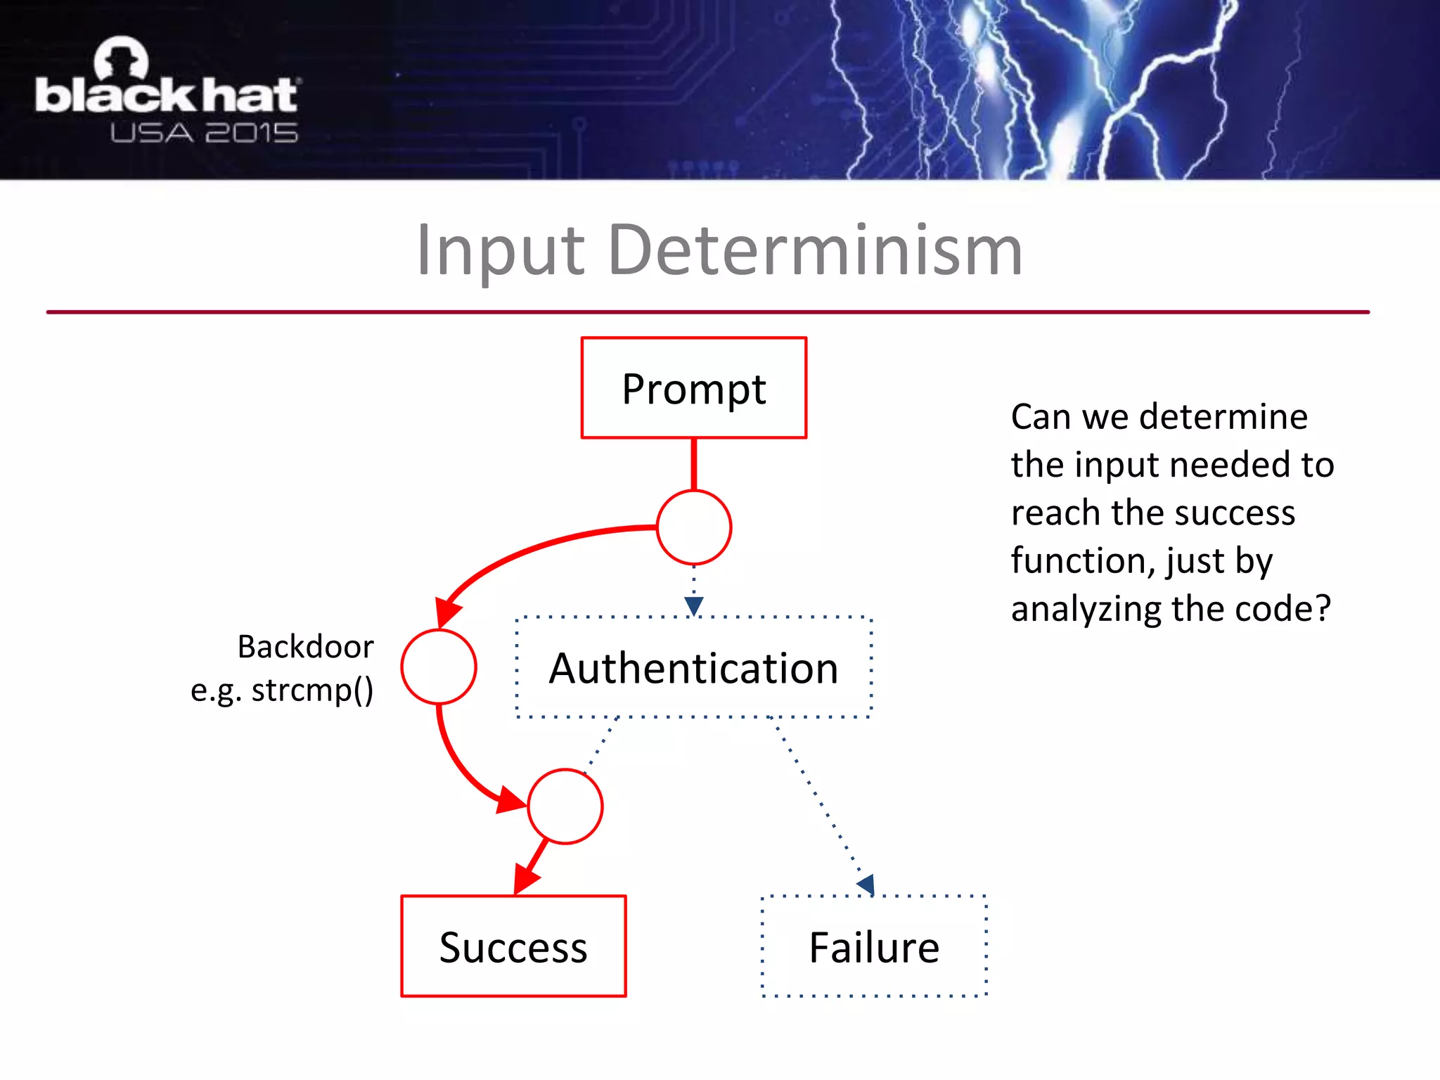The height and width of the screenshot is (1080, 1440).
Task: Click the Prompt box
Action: pos(693,388)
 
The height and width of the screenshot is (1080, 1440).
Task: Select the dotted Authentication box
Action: pos(693,667)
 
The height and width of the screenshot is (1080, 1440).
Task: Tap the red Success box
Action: pos(513,946)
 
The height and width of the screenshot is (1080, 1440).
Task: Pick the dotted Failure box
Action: pos(874,946)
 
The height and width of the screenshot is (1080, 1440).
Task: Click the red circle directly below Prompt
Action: pos(693,527)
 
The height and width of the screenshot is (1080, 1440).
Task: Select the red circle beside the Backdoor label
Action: pos(439,667)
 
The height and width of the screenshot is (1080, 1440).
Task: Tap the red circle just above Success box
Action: pos(565,806)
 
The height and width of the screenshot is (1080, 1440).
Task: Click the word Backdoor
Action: pos(305,646)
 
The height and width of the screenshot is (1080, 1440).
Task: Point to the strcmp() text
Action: pos(312,690)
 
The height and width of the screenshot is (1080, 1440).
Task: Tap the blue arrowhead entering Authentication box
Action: pos(693,605)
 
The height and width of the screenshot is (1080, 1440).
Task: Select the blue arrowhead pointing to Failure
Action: pos(867,885)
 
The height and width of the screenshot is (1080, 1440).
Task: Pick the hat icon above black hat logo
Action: pos(122,58)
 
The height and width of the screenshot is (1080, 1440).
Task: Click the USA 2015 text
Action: pos(204,133)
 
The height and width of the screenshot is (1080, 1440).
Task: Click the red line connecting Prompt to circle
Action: pos(693,464)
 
